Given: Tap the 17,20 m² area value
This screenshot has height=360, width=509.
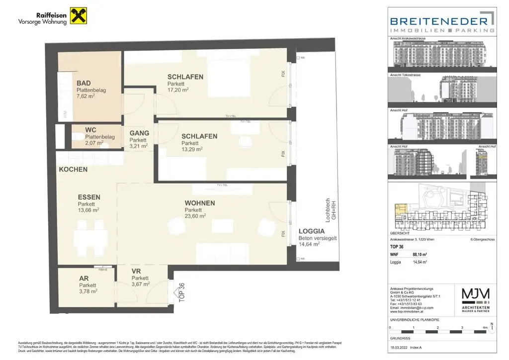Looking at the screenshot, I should pyautogui.click(x=178, y=90).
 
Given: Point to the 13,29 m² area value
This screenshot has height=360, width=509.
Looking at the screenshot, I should pyautogui.click(x=192, y=149).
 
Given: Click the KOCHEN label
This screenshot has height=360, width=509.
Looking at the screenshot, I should pyautogui.click(x=73, y=169).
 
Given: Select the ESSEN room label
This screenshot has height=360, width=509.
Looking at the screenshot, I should pyautogui.click(x=88, y=197).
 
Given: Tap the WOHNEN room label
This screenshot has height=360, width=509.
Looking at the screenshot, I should pyautogui.click(x=199, y=203).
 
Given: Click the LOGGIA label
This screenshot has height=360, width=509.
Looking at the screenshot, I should pyautogui.click(x=312, y=231).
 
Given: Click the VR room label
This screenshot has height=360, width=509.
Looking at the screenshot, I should pyautogui.click(x=137, y=271).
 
